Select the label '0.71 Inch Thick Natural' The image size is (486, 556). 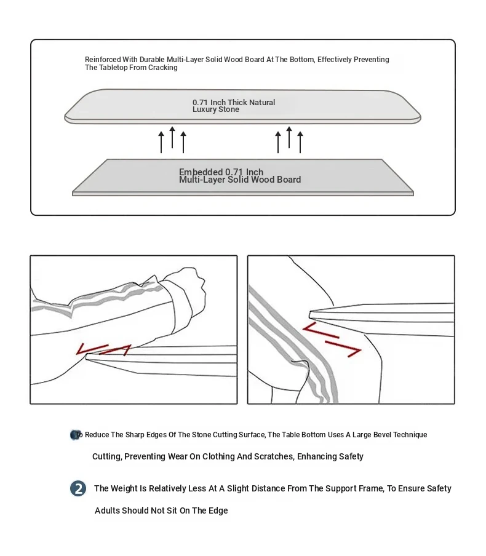[x=234, y=102]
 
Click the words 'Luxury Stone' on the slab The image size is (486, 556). [x=215, y=109]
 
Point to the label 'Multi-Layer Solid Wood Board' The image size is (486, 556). [x=240, y=180]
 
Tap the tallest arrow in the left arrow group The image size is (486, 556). [x=172, y=138]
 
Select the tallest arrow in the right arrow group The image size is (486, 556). [x=289, y=138]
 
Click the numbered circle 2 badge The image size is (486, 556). [x=78, y=489]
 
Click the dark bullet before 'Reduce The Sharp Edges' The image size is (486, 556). [x=75, y=435]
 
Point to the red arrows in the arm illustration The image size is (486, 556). [x=103, y=349]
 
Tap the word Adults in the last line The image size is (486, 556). [x=107, y=510]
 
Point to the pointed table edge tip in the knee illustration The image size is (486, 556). [x=311, y=312]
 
